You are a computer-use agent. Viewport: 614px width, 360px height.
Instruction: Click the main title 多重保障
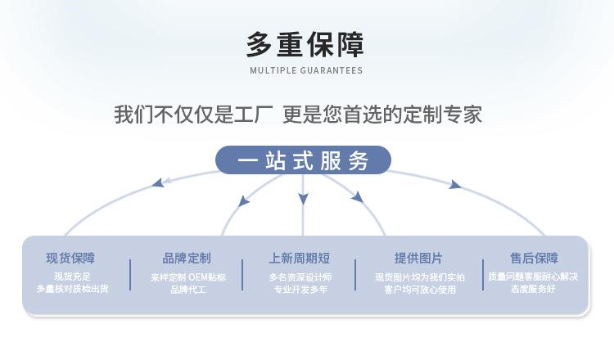click(x=305, y=45)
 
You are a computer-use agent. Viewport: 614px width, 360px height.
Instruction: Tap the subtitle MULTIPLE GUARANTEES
click(x=306, y=71)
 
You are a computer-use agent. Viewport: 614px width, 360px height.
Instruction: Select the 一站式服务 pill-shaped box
click(x=303, y=160)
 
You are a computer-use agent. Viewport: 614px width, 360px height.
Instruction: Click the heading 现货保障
click(x=70, y=259)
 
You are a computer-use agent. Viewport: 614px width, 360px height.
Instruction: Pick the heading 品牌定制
click(x=187, y=259)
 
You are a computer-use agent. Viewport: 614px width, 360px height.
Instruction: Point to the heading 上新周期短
click(x=300, y=259)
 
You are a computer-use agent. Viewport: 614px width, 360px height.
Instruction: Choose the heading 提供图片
click(x=418, y=259)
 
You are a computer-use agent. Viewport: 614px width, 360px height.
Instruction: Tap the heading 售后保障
click(x=534, y=259)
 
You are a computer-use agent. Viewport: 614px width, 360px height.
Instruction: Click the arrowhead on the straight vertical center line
click(x=303, y=199)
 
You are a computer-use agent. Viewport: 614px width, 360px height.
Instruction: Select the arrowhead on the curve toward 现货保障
click(x=159, y=182)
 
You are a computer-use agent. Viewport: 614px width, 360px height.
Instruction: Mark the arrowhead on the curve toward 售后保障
click(x=454, y=184)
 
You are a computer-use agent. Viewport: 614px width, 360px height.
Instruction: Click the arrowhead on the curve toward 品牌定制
click(x=244, y=201)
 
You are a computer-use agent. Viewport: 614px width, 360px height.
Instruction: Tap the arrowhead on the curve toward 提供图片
click(x=358, y=197)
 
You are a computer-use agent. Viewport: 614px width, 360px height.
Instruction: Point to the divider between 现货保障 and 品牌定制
click(x=130, y=275)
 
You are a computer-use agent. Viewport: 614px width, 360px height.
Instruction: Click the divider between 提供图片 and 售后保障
click(x=483, y=275)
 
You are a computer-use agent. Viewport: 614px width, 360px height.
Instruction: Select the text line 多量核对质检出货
click(x=72, y=289)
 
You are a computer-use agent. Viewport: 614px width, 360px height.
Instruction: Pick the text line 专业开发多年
click(x=300, y=290)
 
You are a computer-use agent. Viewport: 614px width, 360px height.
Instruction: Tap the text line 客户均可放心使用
click(x=420, y=290)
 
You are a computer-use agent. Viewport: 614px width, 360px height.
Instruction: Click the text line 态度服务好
click(x=533, y=289)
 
